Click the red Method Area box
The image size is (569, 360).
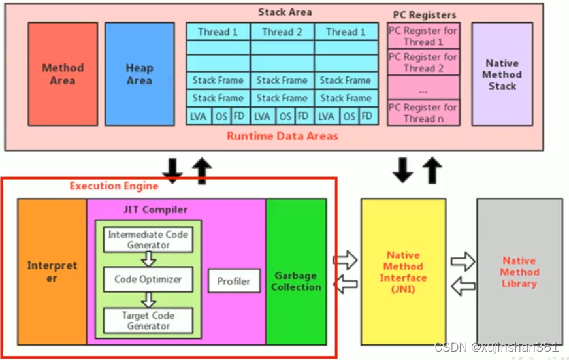click(63, 74)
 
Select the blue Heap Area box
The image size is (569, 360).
click(139, 74)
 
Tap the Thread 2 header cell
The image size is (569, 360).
click(282, 31)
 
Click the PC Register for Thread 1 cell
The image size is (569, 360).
click(423, 36)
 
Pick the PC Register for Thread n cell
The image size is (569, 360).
click(423, 112)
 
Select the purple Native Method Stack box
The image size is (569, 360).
click(502, 74)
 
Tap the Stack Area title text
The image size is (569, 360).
click(285, 12)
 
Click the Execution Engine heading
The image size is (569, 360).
click(114, 186)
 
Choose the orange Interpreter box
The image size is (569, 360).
click(52, 272)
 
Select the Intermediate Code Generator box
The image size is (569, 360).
click(148, 239)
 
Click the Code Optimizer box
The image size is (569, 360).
click(148, 280)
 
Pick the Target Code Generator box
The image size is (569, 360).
click(148, 320)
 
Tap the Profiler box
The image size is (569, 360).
click(233, 281)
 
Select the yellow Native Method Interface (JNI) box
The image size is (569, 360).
click(403, 272)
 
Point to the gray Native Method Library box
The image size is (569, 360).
click(519, 272)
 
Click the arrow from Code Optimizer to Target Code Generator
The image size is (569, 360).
click(148, 300)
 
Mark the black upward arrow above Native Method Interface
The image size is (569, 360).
click(432, 171)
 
